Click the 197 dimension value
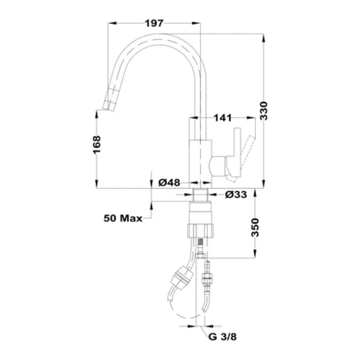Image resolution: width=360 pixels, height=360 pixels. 154,23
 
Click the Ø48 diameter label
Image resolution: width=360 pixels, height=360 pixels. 170,182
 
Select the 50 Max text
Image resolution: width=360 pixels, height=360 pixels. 122,219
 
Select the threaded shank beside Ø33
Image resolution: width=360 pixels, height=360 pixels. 200,195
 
